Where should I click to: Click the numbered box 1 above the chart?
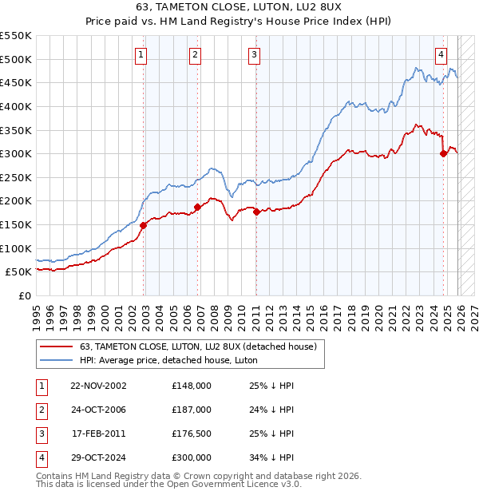tap(141, 55)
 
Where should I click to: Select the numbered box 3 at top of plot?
tap(254, 55)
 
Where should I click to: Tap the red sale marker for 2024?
tap(443, 154)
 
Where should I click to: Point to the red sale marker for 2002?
tap(144, 225)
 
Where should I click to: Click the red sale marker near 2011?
tap(256, 212)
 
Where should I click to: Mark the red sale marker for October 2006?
tap(197, 207)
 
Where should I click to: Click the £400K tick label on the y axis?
tap(16, 106)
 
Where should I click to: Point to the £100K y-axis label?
tap(16, 248)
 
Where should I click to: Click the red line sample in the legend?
tap(57, 346)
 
